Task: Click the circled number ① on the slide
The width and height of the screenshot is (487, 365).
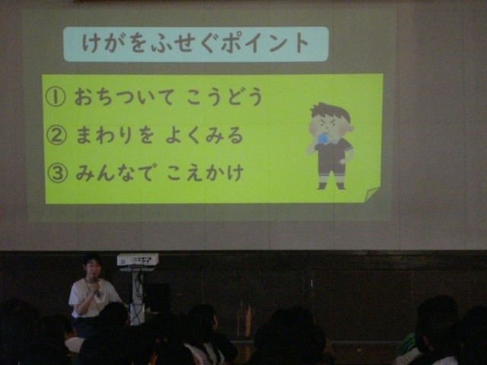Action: click(56, 97)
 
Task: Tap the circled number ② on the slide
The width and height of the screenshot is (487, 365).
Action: click(56, 135)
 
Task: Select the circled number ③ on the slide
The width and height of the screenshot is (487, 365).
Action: click(57, 173)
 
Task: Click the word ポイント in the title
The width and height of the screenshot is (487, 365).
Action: click(265, 43)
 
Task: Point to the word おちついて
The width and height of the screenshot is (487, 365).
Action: click(124, 97)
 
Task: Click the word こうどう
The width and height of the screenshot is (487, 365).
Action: click(224, 97)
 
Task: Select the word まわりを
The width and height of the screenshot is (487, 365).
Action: click(115, 135)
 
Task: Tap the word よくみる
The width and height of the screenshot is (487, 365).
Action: click(204, 135)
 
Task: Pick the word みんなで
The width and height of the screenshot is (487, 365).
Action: click(115, 173)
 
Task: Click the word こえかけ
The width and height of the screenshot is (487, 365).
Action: click(205, 173)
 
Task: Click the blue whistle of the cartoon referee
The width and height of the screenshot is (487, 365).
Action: click(325, 138)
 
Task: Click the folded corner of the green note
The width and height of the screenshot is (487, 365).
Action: click(371, 195)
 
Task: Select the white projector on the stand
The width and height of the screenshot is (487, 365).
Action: click(138, 259)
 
